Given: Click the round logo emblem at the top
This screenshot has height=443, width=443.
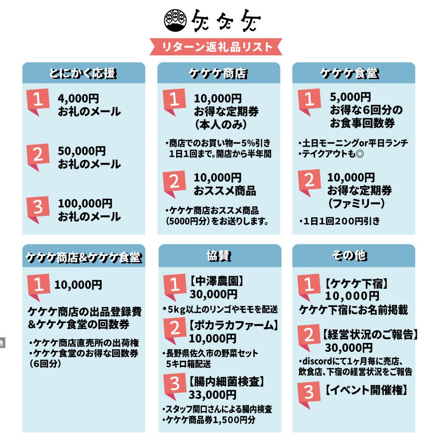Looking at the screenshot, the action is pyautogui.click(x=176, y=20).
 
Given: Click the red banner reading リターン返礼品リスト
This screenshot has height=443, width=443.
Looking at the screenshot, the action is pyautogui.click(x=216, y=46).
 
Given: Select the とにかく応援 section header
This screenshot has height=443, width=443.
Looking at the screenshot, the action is pyautogui.click(x=83, y=73).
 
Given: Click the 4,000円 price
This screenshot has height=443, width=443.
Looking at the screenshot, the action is pyautogui.click(x=78, y=99).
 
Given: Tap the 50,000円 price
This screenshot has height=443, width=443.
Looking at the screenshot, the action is pyautogui.click(x=82, y=151).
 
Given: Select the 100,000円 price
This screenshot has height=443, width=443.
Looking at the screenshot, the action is pyautogui.click(x=85, y=203).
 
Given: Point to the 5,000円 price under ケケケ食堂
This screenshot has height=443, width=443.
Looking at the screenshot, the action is pyautogui.click(x=350, y=97).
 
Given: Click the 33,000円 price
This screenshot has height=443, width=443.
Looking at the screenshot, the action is pyautogui.click(x=213, y=395).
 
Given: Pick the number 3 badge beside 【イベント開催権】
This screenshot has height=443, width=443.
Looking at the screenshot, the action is pyautogui.click(x=309, y=395).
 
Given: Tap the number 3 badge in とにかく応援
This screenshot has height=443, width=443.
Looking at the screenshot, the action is pyautogui.click(x=38, y=210).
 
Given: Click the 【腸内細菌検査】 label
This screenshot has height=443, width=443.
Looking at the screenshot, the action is pyautogui.click(x=227, y=382).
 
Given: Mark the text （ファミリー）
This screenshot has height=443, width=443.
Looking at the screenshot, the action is pyautogui.click(x=356, y=203).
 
